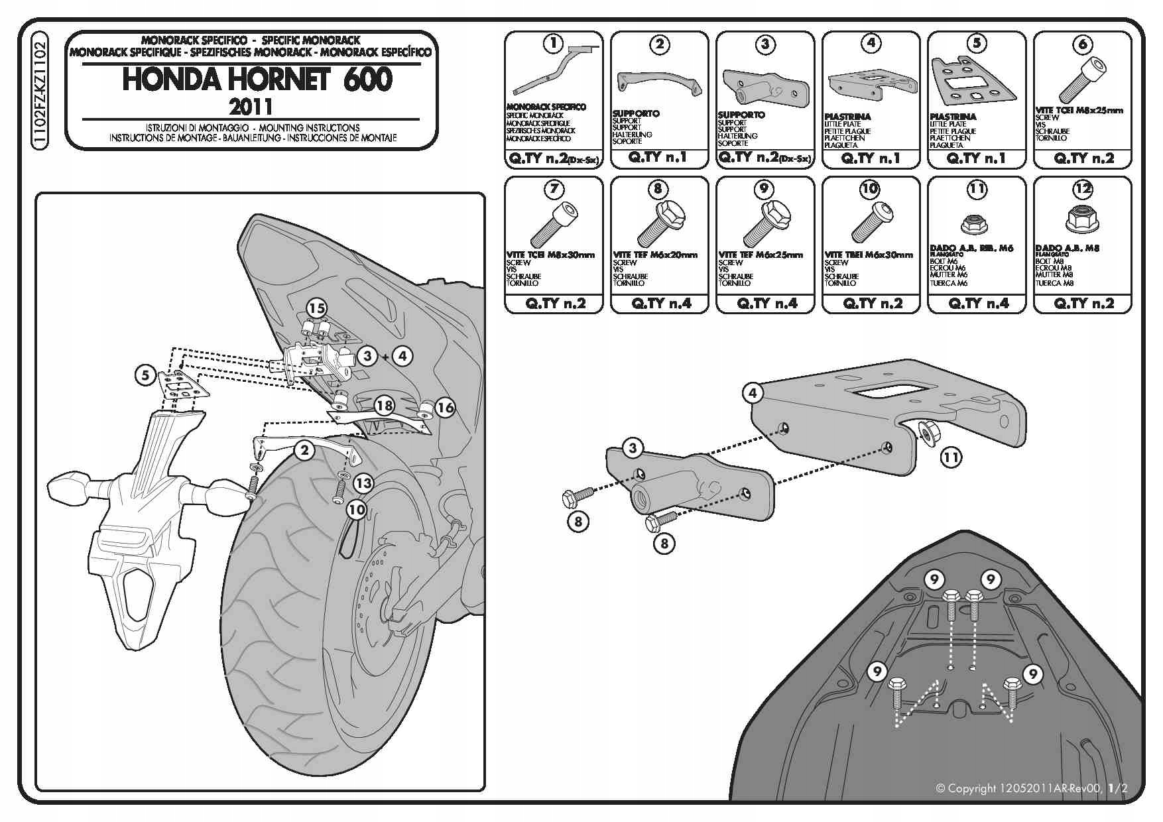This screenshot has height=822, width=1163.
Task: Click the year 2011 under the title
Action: tap(251, 106)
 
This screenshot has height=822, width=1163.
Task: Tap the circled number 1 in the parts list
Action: tap(553, 44)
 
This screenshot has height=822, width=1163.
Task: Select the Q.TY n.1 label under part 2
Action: tap(658, 158)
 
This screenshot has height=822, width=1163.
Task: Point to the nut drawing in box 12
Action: tap(1083, 219)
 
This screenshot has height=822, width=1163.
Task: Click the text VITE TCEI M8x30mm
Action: tap(550, 255)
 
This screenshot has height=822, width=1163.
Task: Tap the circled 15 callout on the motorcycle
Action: tap(317, 308)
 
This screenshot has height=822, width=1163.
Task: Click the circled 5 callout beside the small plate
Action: tap(146, 375)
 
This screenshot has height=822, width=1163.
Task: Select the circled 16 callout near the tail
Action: tap(445, 407)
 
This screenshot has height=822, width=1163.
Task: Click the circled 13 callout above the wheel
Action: tap(363, 483)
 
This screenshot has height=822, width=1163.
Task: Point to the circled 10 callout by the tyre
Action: tap(356, 509)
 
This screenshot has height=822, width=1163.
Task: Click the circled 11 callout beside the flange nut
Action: tap(951, 457)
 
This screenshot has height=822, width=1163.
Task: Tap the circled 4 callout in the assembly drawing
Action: tap(753, 393)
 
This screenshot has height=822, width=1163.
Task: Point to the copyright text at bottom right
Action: tap(1031, 788)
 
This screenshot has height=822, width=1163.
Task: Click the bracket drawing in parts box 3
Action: tap(766, 86)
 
